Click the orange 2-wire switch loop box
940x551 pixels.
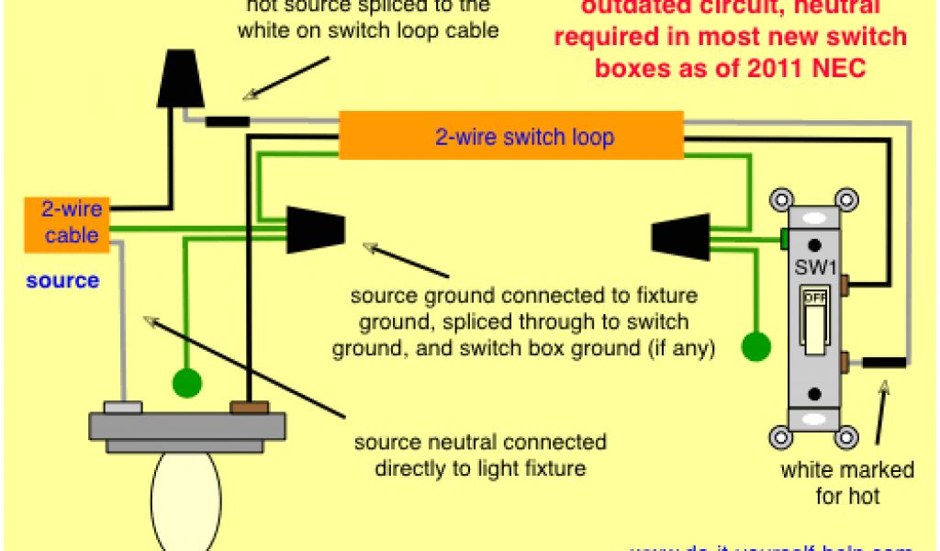pos(511,136)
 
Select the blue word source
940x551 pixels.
pos(62,280)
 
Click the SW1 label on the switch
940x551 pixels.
pos(813,272)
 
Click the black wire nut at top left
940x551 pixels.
pos(181,80)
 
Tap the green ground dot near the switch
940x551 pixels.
pos(755,346)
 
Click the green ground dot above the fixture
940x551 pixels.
pos(186,381)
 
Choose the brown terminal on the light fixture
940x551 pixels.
pos(250,407)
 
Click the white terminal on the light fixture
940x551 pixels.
pos(122,407)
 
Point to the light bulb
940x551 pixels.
pos(186,500)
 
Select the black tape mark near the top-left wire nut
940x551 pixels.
pos(227,120)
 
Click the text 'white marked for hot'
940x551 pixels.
pos(846,483)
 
